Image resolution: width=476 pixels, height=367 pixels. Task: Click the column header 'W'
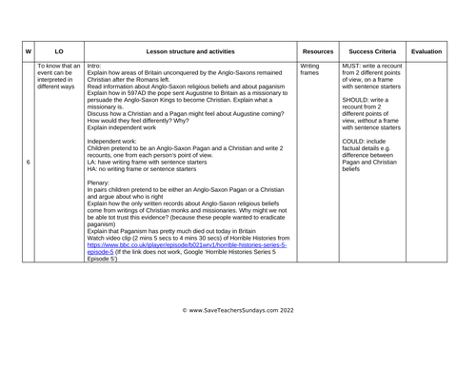pos(29,46)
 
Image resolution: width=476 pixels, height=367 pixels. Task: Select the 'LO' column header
pos(59,46)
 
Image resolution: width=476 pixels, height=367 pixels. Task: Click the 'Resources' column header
pos(316,46)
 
